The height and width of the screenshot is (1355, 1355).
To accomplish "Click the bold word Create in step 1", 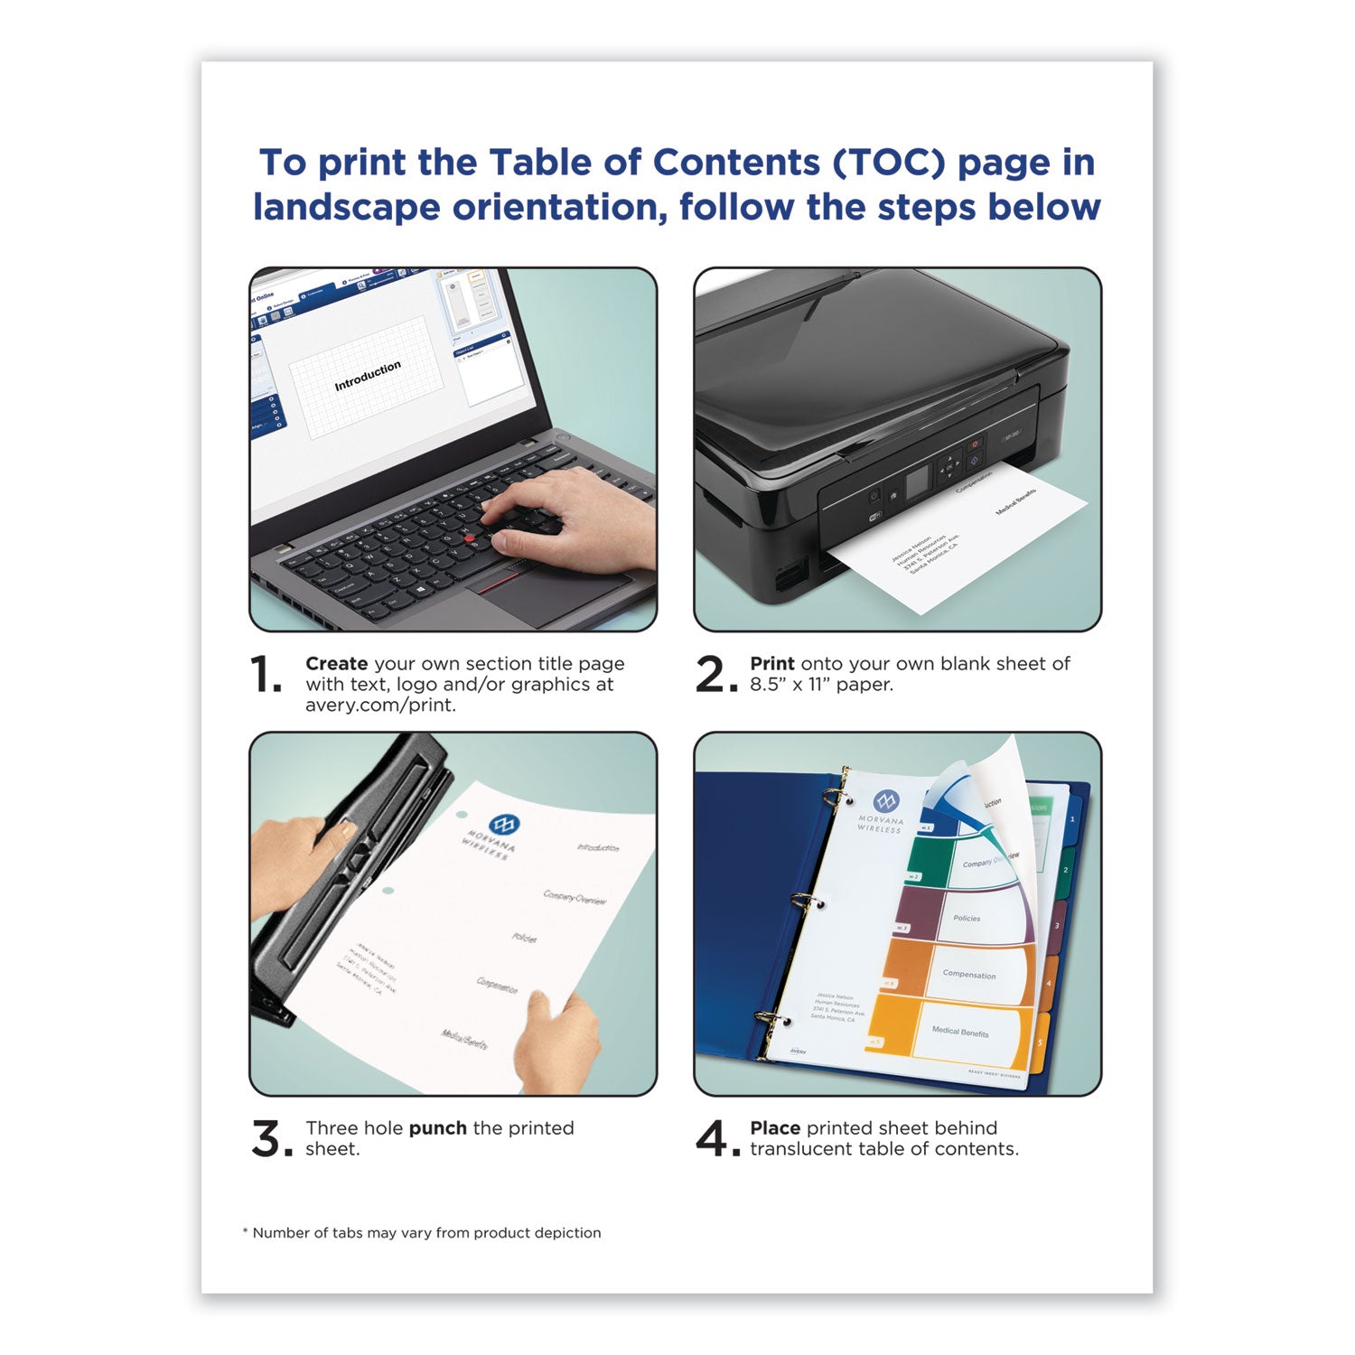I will pos(336,664).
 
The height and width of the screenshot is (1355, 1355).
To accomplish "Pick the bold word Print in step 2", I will pos(771,664).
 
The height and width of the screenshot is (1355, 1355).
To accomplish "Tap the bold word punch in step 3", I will pos(437,1128).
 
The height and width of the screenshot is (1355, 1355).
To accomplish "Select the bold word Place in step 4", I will pos(775,1128).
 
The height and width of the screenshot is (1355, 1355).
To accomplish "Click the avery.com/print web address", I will pos(380,706).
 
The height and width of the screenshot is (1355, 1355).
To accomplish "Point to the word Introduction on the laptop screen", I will pos(368,376).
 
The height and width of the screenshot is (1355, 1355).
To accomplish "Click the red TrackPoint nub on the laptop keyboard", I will pos(470,539).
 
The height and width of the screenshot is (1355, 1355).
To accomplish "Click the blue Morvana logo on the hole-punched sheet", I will pos(502,825).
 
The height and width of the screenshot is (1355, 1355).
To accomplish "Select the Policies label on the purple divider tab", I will pos(967,919).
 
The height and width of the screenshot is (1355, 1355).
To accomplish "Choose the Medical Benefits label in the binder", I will pos(960,1032).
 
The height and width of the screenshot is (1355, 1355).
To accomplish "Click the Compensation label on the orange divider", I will pos(969,975).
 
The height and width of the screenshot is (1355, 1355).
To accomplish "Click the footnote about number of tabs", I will pos(422,1233).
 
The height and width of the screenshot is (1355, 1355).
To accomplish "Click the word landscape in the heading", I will pos(347,207).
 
